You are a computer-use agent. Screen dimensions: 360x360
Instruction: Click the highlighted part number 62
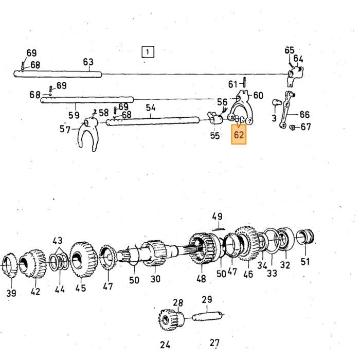[x=239, y=135]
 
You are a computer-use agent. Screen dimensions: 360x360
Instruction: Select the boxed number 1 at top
[x=148, y=52]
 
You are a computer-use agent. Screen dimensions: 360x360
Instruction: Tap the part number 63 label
[x=88, y=62]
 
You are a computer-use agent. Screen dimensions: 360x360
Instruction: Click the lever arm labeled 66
[x=286, y=109]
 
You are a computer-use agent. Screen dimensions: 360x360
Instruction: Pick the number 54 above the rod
[x=151, y=107]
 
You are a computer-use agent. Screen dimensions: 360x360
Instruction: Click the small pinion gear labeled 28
[x=171, y=319]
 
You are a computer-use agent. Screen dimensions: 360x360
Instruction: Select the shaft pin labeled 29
[x=207, y=316]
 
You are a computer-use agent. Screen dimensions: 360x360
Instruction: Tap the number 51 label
[x=305, y=261]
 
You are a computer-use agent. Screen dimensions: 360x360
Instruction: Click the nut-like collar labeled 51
[x=305, y=237]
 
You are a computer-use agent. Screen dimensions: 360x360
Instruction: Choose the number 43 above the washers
[x=57, y=241]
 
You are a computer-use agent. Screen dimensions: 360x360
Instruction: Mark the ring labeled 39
[x=9, y=265]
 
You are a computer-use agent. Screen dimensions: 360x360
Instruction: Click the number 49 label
[x=217, y=217]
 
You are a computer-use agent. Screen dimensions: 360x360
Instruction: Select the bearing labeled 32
[x=285, y=239]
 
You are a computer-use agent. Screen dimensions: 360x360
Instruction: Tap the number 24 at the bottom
[x=165, y=345]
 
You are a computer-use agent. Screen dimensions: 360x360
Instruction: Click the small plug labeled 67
[x=292, y=127]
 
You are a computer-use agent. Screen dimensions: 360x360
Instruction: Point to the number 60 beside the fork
[x=258, y=95]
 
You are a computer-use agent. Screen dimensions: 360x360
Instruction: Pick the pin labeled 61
[x=244, y=82]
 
